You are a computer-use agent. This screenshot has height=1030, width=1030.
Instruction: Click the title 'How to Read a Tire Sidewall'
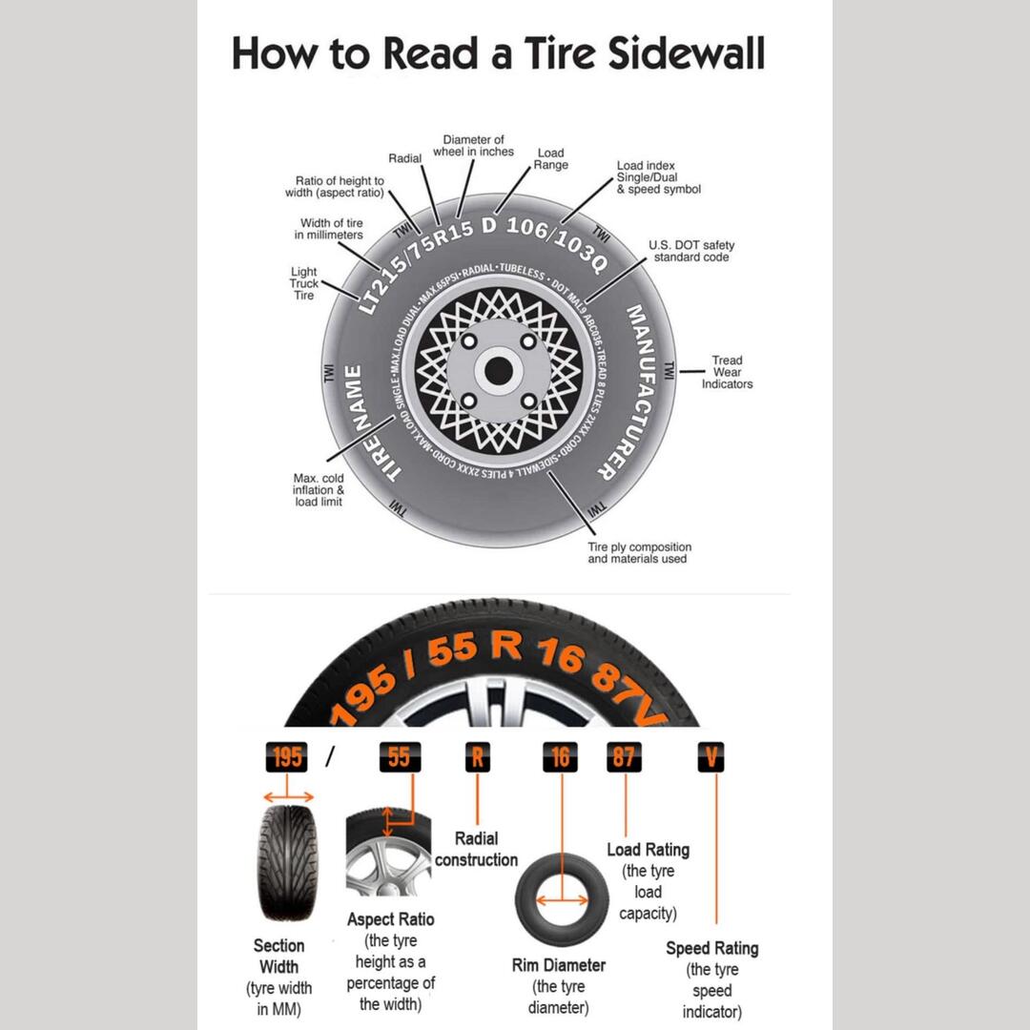click(498, 53)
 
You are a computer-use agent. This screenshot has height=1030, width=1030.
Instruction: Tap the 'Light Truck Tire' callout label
click(303, 284)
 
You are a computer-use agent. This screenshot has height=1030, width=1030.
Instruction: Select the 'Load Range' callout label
click(550, 158)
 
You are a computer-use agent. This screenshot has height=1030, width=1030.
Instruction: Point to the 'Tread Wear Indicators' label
click(727, 372)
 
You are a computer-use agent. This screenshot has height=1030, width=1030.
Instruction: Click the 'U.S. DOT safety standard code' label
click(691, 252)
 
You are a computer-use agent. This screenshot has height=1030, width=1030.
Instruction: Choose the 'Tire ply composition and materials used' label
click(639, 553)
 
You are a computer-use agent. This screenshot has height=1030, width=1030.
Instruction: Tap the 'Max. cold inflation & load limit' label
click(319, 489)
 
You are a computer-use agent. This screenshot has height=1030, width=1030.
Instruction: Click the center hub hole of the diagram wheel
click(499, 371)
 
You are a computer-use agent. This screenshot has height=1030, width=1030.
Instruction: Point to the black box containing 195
click(287, 757)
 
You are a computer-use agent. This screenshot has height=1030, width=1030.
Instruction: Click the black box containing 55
click(399, 757)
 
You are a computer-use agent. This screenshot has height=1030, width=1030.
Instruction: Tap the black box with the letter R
click(477, 757)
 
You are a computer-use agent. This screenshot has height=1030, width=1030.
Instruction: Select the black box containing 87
click(624, 757)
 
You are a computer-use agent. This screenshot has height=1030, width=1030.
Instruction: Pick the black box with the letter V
click(711, 757)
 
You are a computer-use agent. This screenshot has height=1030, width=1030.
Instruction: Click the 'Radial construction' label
click(476, 849)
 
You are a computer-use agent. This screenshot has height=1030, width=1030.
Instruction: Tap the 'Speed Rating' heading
click(711, 948)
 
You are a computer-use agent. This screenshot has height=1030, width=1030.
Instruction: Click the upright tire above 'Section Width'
click(286, 862)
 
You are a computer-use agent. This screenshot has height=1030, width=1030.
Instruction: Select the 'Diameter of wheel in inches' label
click(473, 146)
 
